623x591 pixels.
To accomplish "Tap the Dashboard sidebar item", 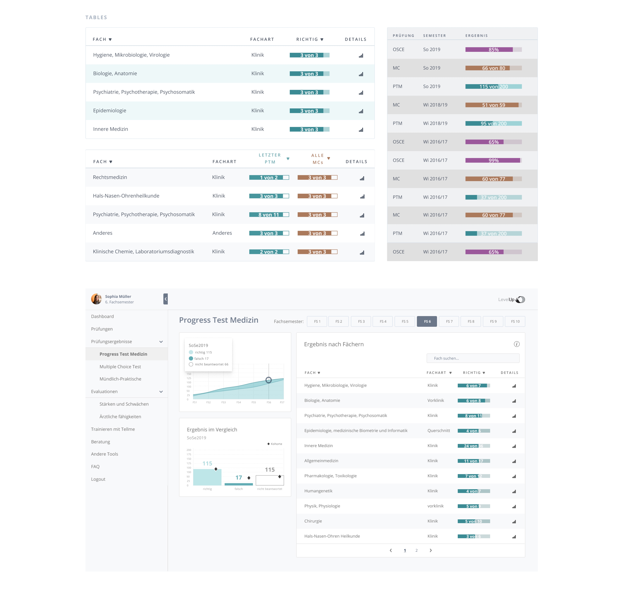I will pos(102,316).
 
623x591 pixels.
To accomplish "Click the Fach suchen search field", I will pos(473,358).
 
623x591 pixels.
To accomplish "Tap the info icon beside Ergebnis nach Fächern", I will pos(516,344).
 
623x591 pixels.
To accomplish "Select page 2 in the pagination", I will pos(416,550).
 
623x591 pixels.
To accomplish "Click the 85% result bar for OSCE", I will pos(493,49).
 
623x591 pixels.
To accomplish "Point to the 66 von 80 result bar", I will pos(493,68).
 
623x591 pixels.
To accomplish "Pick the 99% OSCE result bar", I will pos(493,160).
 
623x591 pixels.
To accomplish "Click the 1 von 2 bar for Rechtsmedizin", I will pos(269,177).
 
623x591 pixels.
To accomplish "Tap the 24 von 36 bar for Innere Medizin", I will pos(473,446).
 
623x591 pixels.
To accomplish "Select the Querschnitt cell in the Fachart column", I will pos(438,431).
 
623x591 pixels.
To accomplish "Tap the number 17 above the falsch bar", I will pos(239,478).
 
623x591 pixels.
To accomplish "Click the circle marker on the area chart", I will pos(268,380).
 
